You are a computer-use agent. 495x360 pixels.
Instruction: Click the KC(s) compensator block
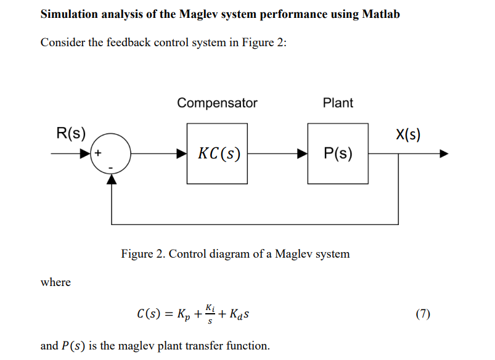[218, 153]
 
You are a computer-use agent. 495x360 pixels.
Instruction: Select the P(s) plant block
[338, 153]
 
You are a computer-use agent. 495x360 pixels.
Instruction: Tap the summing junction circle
[112, 153]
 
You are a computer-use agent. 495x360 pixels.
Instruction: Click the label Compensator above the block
[217, 103]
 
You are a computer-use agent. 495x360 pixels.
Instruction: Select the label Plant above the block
[338, 103]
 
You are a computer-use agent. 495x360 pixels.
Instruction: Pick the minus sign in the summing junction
[112, 166]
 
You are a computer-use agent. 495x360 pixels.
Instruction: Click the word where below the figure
[55, 282]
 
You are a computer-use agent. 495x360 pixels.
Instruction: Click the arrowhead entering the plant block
[303, 153]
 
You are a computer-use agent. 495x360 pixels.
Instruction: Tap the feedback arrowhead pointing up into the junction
[112, 178]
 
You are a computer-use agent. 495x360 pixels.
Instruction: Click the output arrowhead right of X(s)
[443, 153]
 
